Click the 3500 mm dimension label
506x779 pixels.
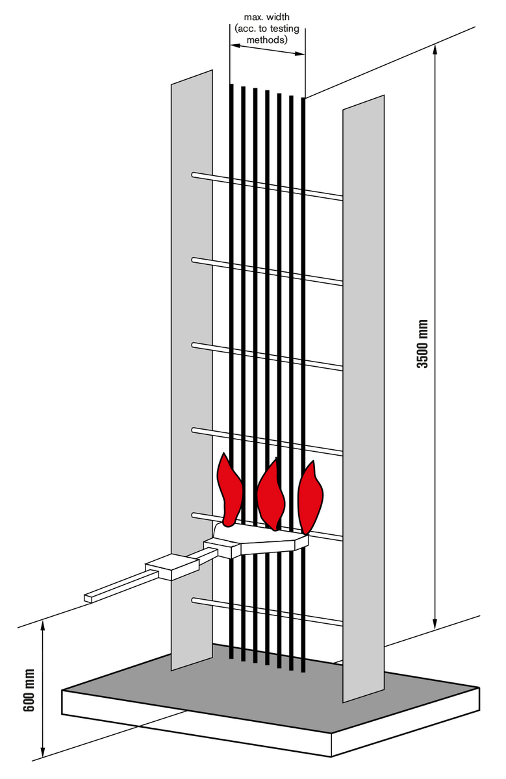[x=422, y=343]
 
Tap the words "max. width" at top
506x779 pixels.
[x=267, y=17]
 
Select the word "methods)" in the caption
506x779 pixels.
[x=267, y=40]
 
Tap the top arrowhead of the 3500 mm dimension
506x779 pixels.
[x=435, y=51]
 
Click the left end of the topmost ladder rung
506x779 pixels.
[x=194, y=175]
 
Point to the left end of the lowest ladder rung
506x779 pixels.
[x=194, y=600]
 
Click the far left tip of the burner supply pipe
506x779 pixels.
[x=85, y=598]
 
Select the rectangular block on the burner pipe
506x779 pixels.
[x=171, y=567]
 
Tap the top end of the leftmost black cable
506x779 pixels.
[x=231, y=84]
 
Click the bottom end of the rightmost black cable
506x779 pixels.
[x=303, y=670]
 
